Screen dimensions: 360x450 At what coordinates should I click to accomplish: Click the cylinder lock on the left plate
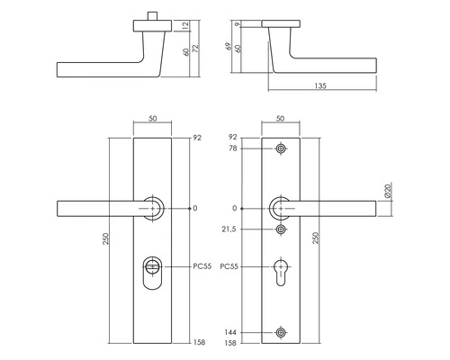(x=155, y=269)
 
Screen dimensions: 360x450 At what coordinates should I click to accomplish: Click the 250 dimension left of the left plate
(x=108, y=240)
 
